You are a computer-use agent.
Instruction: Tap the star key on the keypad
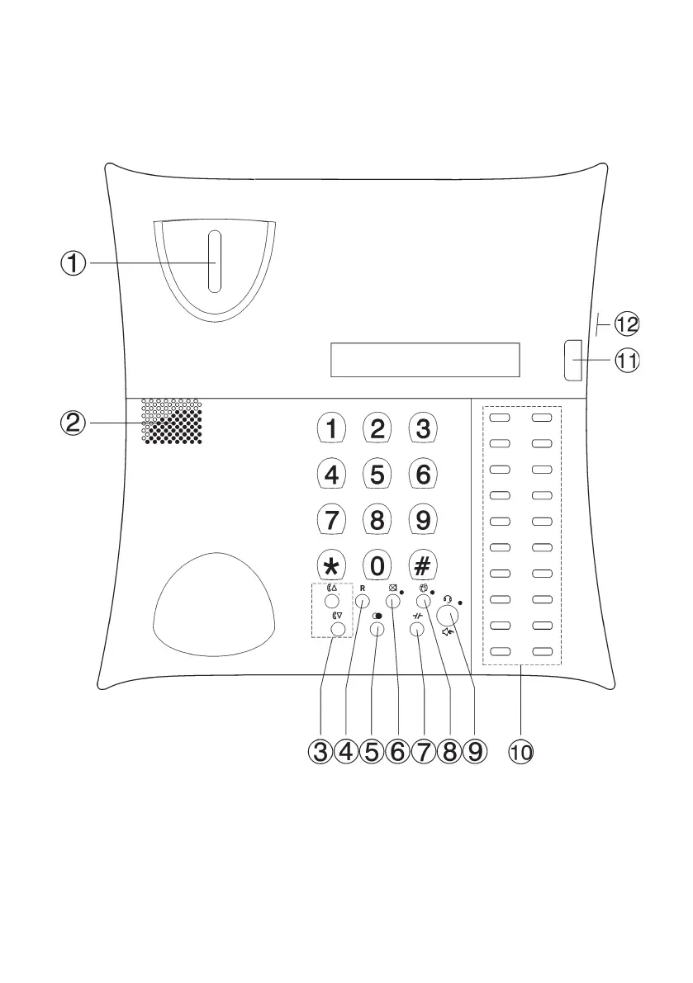(x=331, y=566)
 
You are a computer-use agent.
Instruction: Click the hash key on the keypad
(x=422, y=566)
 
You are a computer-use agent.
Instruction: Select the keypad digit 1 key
(x=331, y=429)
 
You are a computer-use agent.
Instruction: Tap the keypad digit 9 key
(x=422, y=521)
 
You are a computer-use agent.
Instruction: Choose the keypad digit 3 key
(x=422, y=429)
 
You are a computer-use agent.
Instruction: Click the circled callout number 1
(x=74, y=263)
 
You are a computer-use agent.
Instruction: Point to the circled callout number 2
(x=74, y=423)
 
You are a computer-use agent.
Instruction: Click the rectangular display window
(x=425, y=360)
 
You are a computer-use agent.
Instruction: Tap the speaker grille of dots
(x=172, y=422)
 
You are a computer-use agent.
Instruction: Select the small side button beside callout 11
(x=572, y=361)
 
